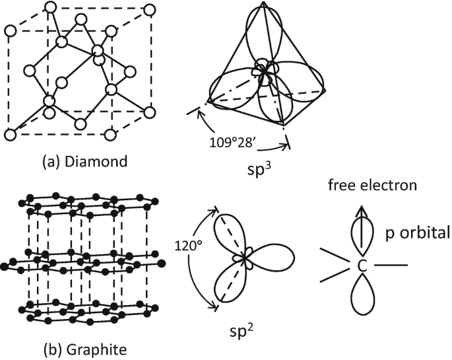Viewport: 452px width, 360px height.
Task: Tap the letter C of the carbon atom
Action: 362,266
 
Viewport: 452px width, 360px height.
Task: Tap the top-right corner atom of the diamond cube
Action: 149,11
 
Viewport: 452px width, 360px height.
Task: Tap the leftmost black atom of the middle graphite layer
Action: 6,266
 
